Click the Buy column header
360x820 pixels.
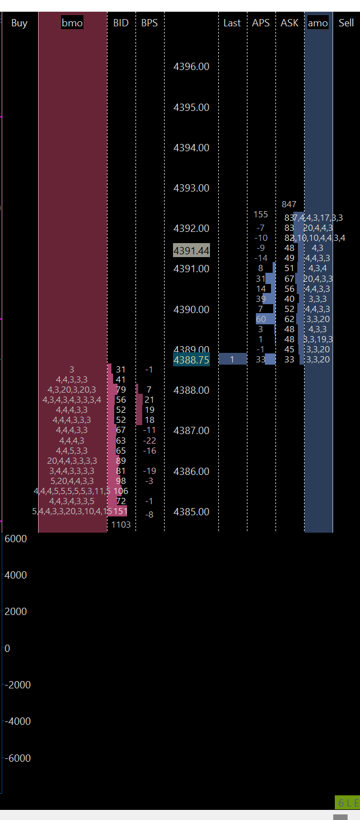coord(19,23)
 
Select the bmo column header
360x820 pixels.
coord(72,23)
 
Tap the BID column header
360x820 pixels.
coord(120,23)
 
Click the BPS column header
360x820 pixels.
coord(149,23)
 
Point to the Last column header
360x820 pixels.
coord(232,23)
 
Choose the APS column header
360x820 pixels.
coord(260,23)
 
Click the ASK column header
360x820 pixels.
coord(289,23)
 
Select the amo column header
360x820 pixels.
coord(318,23)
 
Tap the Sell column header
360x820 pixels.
coord(346,23)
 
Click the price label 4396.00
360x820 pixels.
coord(191,67)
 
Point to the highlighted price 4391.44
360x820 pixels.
coord(191,250)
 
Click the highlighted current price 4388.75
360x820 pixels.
coord(191,360)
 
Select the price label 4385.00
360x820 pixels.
coord(191,512)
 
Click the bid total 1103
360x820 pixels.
coord(121,524)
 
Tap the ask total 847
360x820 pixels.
coord(289,204)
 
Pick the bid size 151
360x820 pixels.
coord(121,511)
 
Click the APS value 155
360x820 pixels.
coord(260,215)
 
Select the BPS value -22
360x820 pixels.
coord(149,441)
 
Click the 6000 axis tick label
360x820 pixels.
coord(15,539)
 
